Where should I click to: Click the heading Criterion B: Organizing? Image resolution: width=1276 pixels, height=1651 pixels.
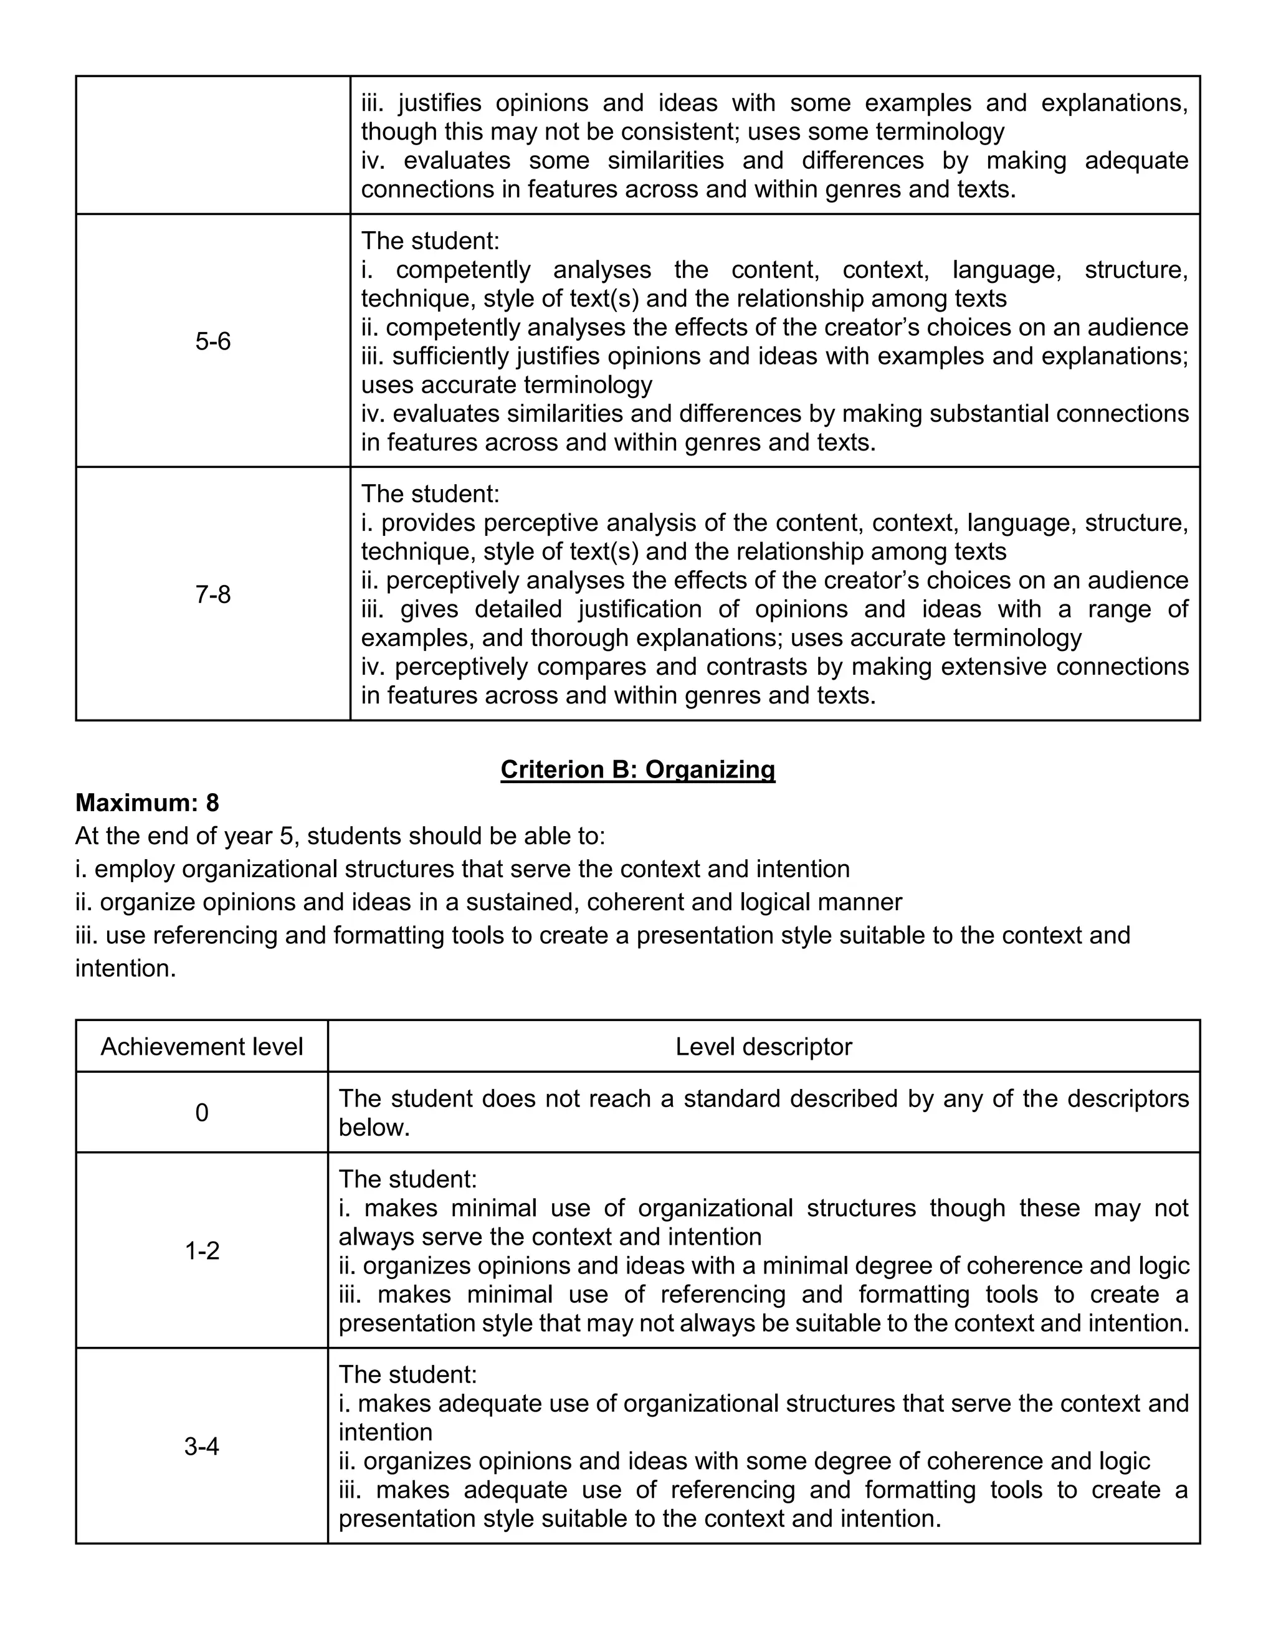[637, 769]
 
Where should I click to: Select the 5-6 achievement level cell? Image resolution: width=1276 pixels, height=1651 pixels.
[212, 341]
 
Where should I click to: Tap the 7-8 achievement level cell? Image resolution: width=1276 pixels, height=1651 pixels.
[212, 595]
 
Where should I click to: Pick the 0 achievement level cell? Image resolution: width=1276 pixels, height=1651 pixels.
[202, 1113]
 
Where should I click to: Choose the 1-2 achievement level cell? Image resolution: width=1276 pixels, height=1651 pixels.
[202, 1251]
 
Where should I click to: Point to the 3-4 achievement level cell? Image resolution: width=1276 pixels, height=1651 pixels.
[202, 1446]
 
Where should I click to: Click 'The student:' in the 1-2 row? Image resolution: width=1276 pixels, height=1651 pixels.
[407, 1179]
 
